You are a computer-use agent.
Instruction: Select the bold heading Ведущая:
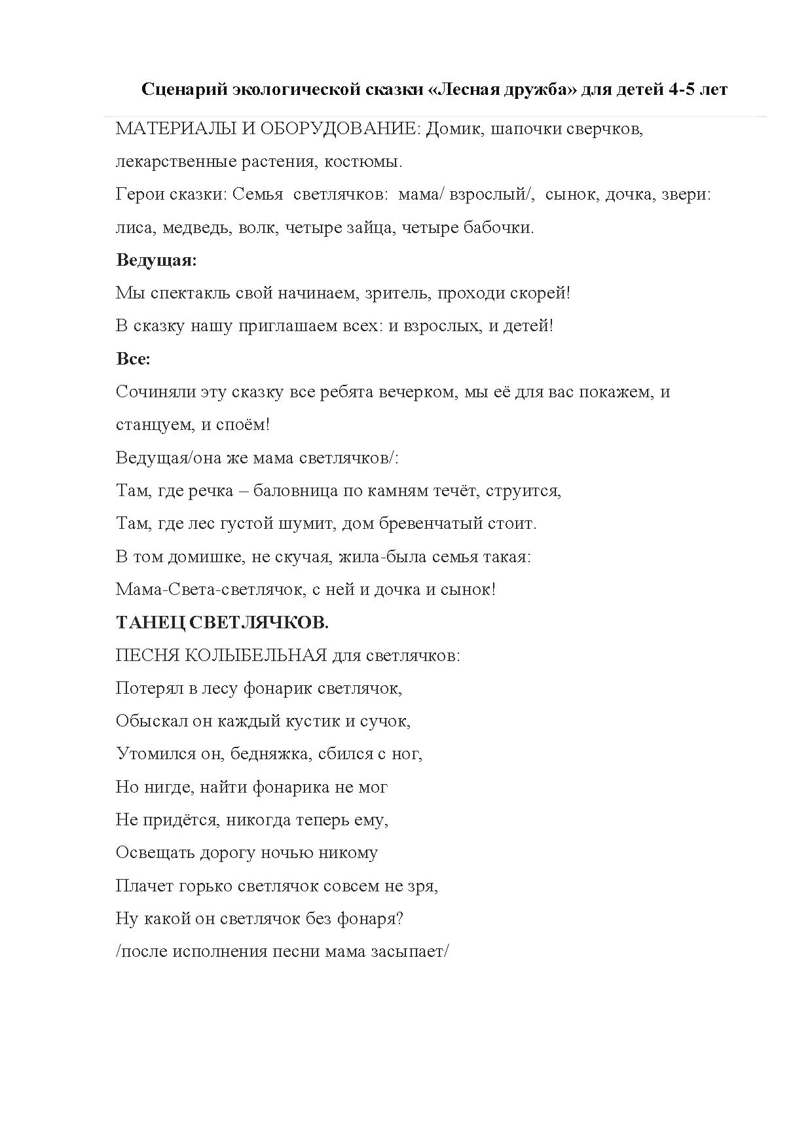coord(157,260)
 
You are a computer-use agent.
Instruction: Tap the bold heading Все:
coord(133,359)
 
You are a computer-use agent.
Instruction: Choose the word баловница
coord(295,491)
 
